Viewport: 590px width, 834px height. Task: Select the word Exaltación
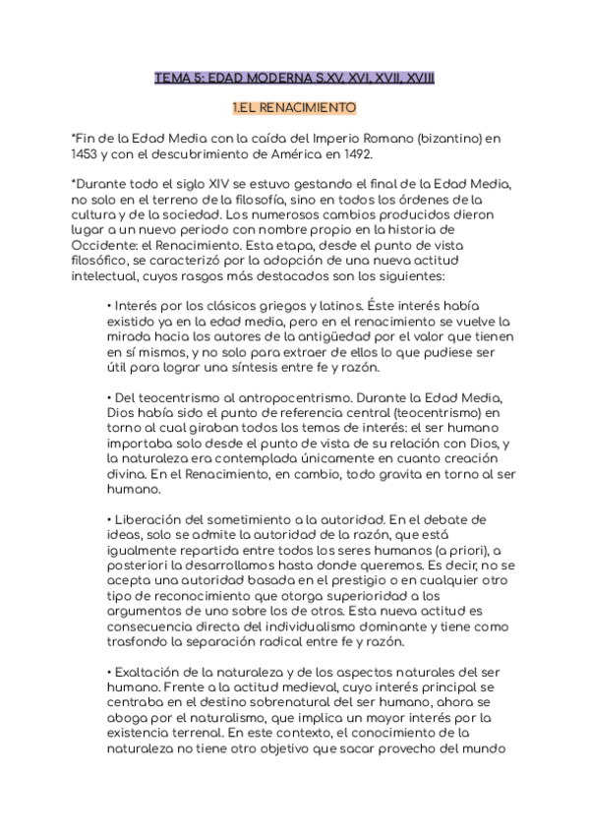(150, 670)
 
